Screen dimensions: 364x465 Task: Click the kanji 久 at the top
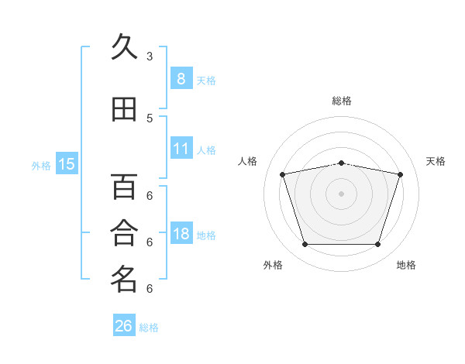click(124, 47)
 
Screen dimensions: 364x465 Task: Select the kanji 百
click(124, 187)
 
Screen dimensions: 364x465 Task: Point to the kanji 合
click(124, 232)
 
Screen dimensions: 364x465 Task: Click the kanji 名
click(124, 279)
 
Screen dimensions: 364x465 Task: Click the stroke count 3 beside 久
click(150, 57)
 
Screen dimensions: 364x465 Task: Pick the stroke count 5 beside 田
click(150, 118)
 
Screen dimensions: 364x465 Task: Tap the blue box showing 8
click(181, 78)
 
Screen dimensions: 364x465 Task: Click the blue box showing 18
click(181, 233)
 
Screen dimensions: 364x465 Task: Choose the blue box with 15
click(67, 163)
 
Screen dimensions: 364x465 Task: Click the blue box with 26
click(124, 326)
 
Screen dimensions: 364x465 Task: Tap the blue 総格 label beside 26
click(150, 328)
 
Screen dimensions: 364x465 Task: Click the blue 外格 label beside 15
click(41, 165)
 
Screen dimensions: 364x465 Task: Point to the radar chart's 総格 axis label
click(342, 101)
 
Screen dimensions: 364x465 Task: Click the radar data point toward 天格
click(400, 174)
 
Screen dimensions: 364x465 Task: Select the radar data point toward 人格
click(283, 174)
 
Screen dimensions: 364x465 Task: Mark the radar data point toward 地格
click(377, 245)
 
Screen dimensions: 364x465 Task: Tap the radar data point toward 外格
click(305, 245)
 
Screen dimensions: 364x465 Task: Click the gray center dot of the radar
click(341, 194)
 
